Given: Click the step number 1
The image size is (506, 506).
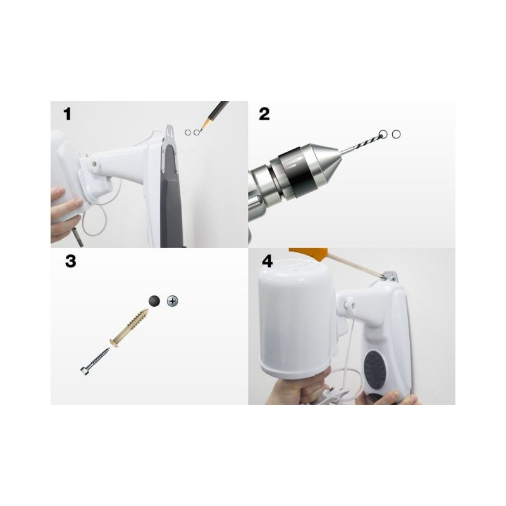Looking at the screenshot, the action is point(67,114).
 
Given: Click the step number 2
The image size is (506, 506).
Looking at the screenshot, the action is point(264,114).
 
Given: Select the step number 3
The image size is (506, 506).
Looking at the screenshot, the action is point(71,261).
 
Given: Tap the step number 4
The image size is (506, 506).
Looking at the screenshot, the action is point(268,261).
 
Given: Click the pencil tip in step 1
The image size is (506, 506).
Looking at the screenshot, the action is point(200,130).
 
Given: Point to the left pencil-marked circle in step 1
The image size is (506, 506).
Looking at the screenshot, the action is point(188,132).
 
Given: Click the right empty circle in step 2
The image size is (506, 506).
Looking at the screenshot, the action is point(397,134).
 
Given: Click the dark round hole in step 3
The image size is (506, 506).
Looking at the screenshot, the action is point(154,301).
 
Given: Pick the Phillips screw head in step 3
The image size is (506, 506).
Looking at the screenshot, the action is point(173,302).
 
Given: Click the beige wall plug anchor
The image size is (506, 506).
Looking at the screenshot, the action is point(129,328).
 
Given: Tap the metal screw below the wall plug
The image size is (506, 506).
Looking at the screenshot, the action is point(95,361).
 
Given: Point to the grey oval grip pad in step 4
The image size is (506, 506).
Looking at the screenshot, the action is point(374,369).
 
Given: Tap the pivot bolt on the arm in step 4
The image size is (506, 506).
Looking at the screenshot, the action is point(349,304).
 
